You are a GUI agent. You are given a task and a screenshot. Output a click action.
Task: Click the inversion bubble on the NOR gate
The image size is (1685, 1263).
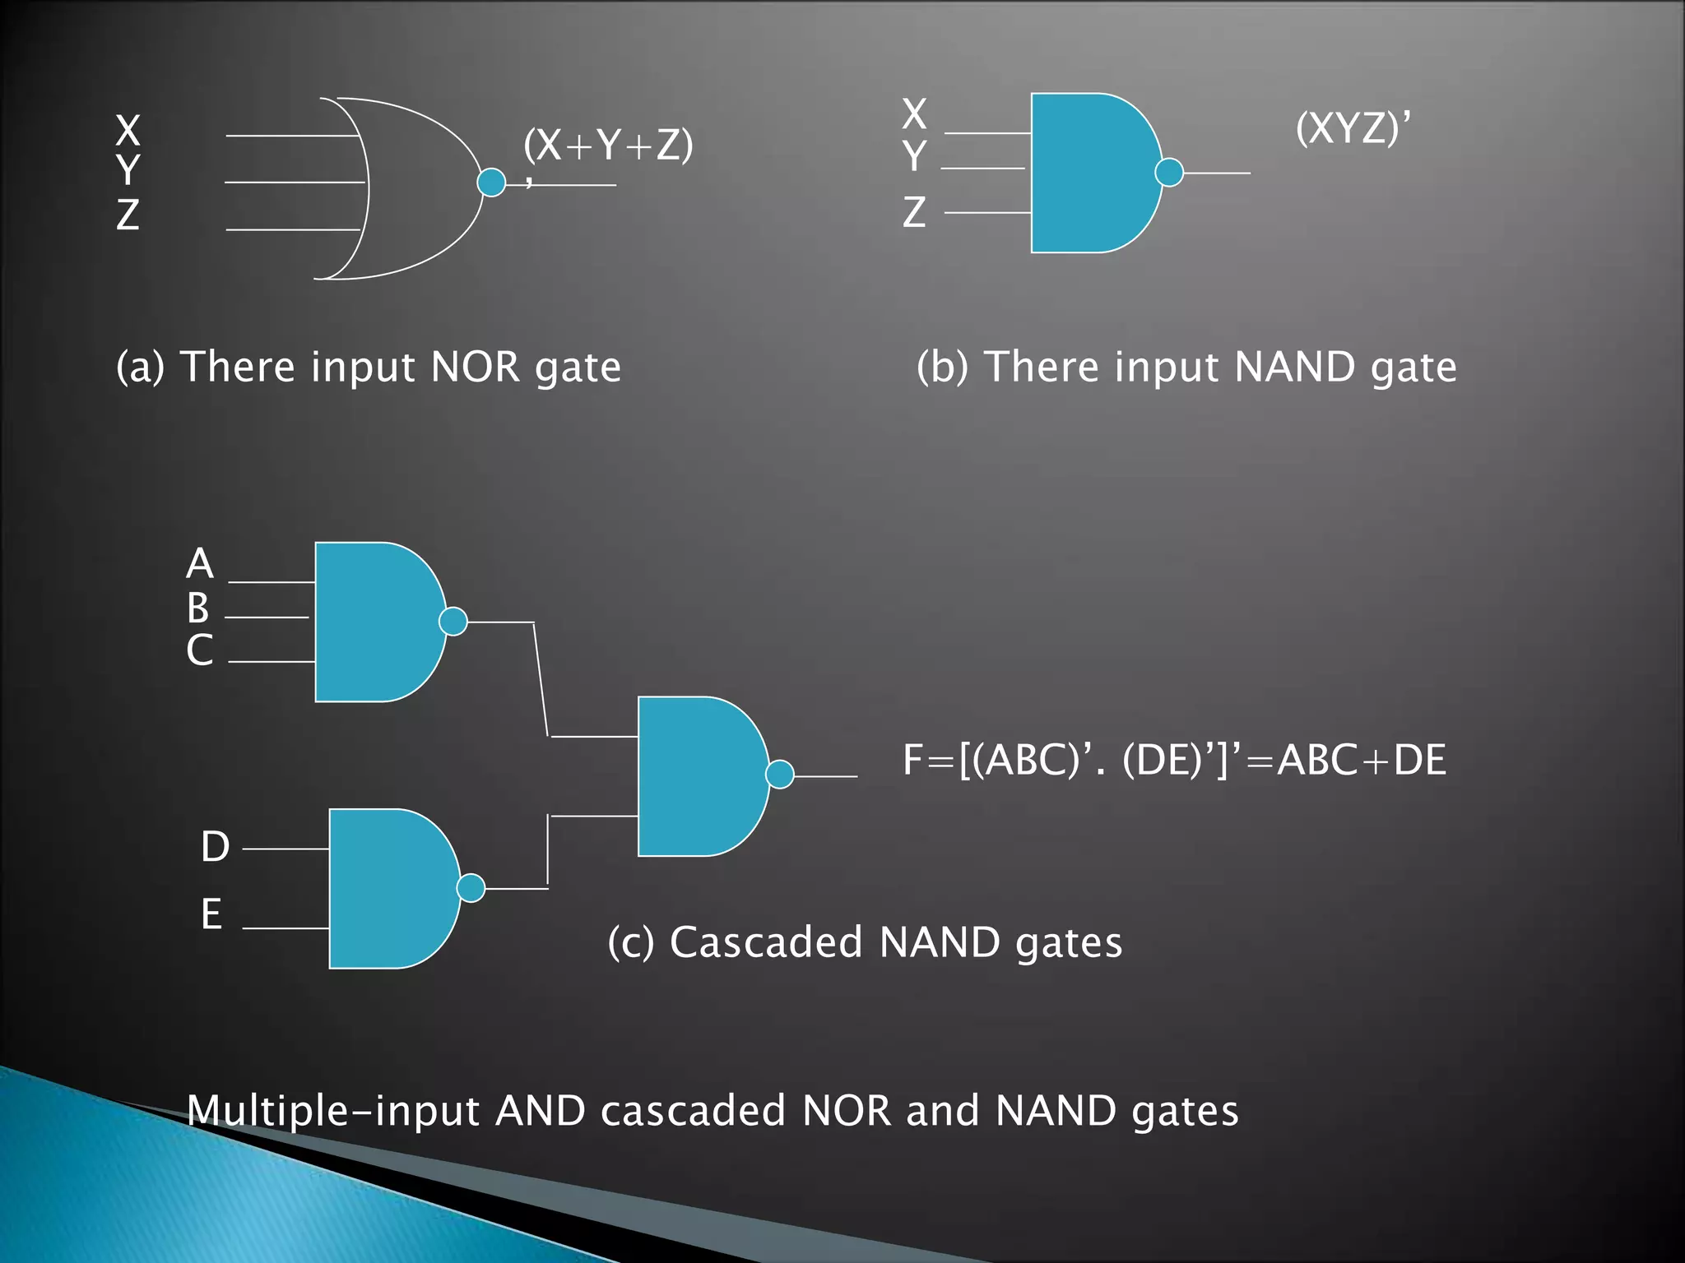click(x=491, y=182)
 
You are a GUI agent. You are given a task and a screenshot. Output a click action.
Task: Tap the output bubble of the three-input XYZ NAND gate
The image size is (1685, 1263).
click(x=1169, y=173)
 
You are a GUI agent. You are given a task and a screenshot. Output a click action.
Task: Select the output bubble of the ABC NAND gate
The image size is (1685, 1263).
click(x=453, y=622)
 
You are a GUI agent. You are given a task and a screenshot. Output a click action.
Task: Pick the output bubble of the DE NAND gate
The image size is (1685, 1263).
click(x=471, y=888)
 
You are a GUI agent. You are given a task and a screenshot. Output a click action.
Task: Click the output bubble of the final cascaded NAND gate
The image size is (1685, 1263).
click(x=780, y=774)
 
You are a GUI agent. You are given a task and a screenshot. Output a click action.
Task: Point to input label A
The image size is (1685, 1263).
click(x=200, y=564)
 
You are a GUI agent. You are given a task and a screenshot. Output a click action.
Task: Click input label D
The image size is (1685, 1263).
click(x=215, y=846)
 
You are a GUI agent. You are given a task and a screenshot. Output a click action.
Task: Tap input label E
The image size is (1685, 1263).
click(x=211, y=914)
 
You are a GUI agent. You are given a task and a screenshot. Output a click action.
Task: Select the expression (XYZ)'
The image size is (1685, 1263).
click(x=1352, y=128)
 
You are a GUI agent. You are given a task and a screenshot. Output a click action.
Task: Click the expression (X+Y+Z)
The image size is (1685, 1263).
click(x=608, y=146)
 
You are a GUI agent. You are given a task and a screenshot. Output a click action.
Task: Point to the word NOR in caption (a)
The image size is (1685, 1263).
click(x=475, y=367)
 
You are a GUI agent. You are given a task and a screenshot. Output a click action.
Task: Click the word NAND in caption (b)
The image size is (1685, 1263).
click(x=1294, y=367)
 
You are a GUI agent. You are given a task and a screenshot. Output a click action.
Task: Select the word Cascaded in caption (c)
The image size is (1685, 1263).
click(x=765, y=942)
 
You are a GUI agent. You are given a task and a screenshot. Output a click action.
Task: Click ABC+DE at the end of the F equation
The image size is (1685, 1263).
click(x=1362, y=760)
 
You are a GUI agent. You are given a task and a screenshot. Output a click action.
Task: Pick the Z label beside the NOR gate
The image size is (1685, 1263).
click(x=128, y=215)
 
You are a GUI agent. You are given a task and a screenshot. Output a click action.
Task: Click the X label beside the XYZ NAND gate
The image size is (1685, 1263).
click(x=914, y=113)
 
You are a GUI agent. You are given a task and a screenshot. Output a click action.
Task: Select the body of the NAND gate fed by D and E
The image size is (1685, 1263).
click(x=387, y=888)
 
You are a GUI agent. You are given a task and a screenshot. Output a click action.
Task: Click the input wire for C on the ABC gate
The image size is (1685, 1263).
click(x=272, y=661)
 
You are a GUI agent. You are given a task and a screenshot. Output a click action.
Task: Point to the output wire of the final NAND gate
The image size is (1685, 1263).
click(x=825, y=776)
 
